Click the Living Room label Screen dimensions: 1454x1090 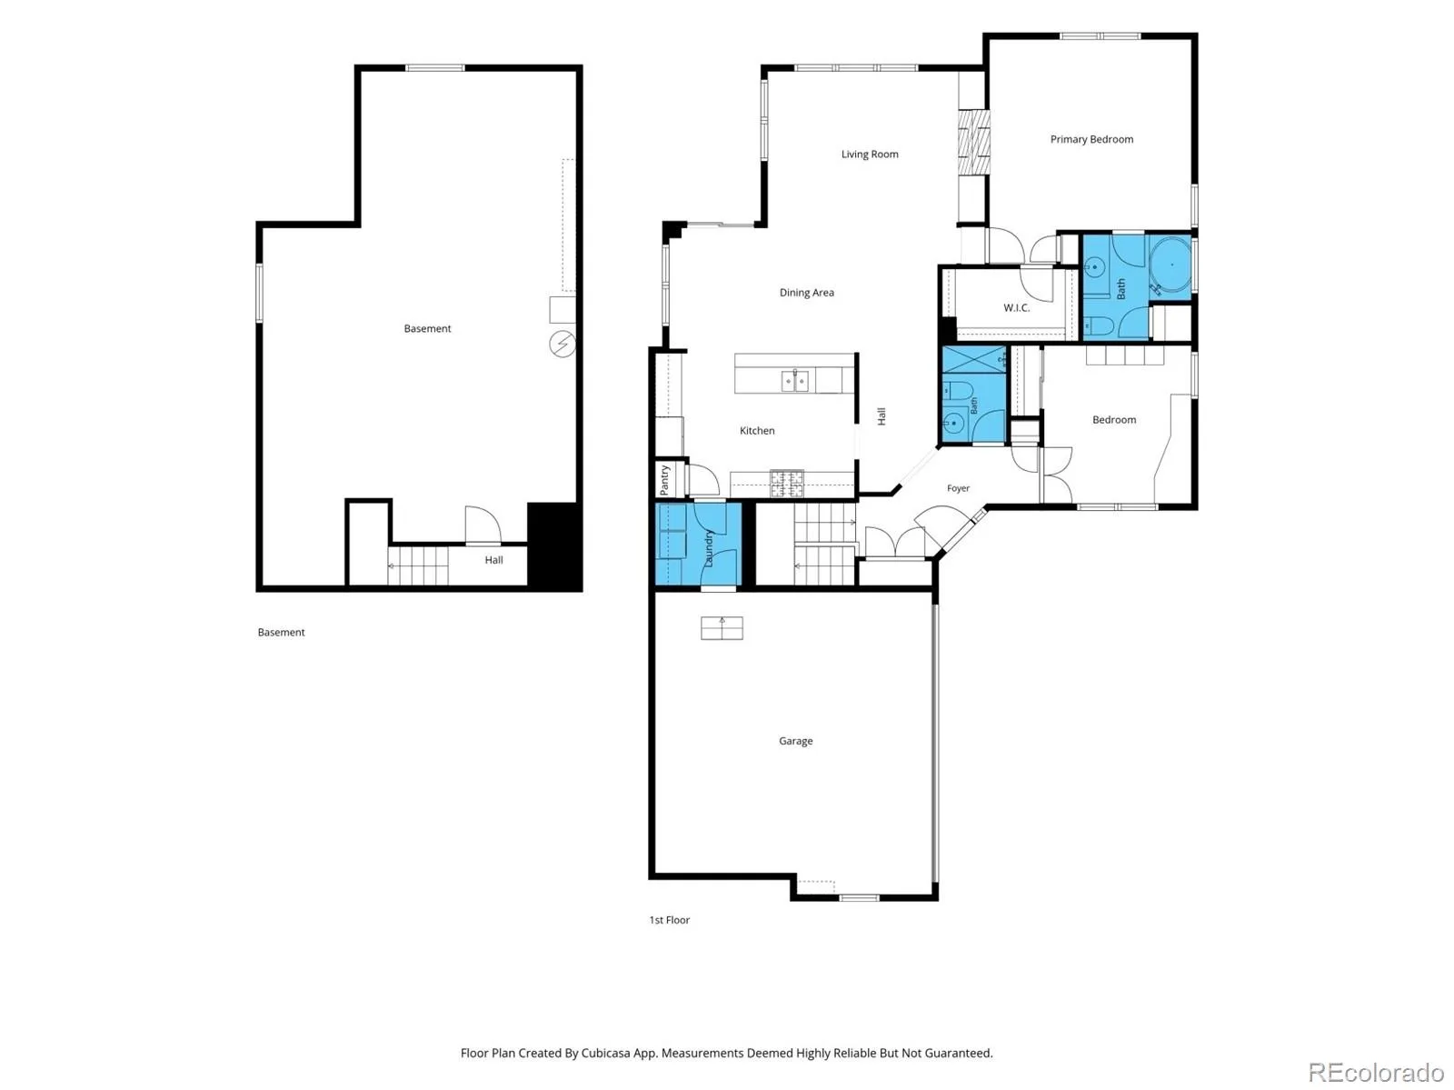point(869,155)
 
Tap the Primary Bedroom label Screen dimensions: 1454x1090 point(1091,139)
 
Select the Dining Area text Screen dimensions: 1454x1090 point(806,292)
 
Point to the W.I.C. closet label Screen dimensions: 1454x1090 point(1016,307)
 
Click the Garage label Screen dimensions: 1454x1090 point(795,741)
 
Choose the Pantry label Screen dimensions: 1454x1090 point(664,480)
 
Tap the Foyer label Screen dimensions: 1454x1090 point(958,488)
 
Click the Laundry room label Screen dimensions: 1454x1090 point(707,548)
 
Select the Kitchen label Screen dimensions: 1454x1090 point(756,431)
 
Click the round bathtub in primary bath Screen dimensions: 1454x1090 point(1171,265)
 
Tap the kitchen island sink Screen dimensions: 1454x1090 point(794,381)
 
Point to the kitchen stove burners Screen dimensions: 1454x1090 point(787,484)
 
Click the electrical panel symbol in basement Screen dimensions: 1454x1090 point(562,345)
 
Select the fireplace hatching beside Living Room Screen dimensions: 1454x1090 point(974,143)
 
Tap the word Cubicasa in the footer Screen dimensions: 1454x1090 point(605,1053)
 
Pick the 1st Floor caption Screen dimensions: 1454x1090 point(669,920)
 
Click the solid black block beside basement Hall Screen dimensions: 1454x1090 point(553,545)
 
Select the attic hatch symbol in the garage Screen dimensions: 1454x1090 point(722,628)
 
